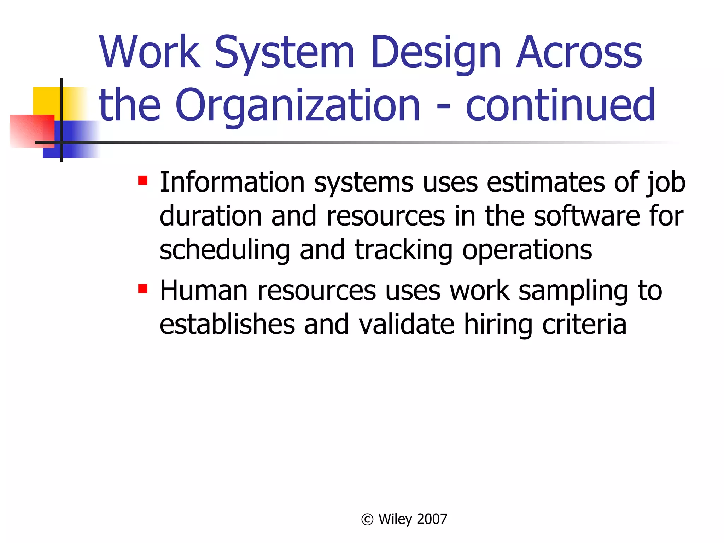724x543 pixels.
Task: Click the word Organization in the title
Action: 297,105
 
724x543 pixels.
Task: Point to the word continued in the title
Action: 560,105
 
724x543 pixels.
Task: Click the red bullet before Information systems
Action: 143,181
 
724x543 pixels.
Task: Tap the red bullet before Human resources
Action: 143,288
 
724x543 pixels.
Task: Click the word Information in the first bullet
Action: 232,182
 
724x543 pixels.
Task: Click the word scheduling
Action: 225,250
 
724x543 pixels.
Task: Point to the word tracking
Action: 403,250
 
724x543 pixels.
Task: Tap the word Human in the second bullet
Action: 203,291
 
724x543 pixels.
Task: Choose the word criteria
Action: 584,324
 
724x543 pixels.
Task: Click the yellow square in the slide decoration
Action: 46,101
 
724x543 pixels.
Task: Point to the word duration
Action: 210,216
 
